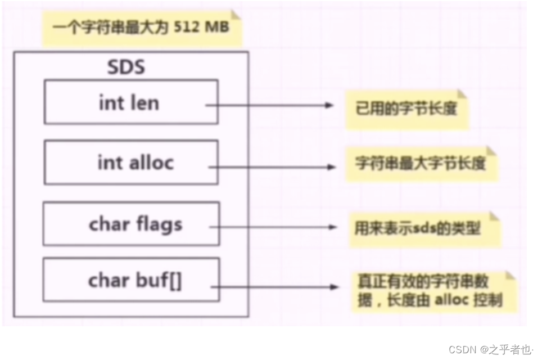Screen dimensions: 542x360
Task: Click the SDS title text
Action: point(126,67)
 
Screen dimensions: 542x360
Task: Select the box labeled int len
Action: point(130,102)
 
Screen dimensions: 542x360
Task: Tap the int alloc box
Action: point(130,163)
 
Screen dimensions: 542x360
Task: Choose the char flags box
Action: point(131,224)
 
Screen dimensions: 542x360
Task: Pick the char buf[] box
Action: point(131,280)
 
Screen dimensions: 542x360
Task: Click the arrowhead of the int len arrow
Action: point(330,105)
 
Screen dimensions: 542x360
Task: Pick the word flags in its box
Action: point(159,224)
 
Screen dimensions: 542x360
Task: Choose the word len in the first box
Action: point(146,102)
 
